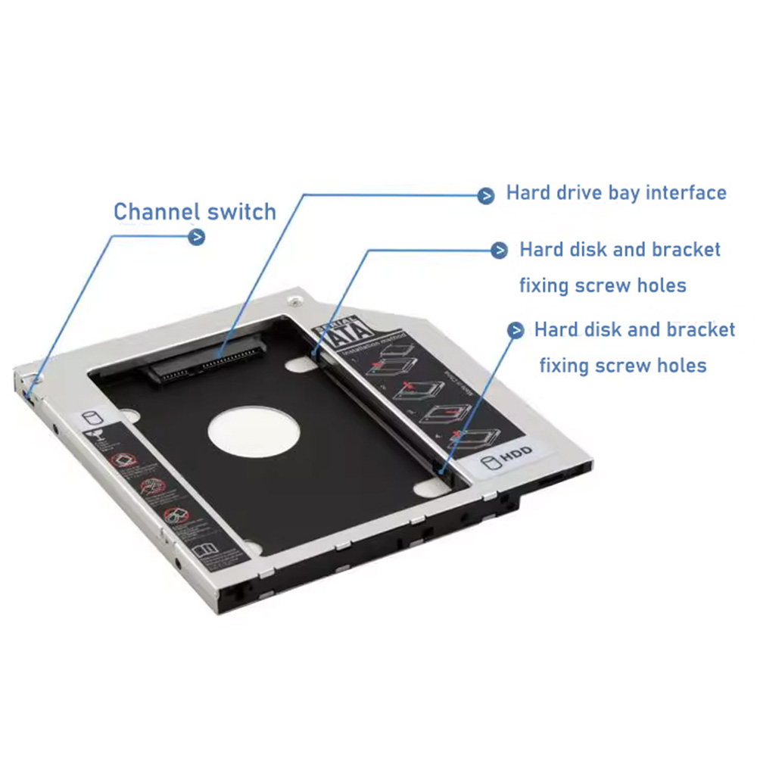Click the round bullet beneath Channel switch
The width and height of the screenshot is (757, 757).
(x=196, y=237)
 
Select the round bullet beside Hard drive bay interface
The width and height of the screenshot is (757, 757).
(x=486, y=195)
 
